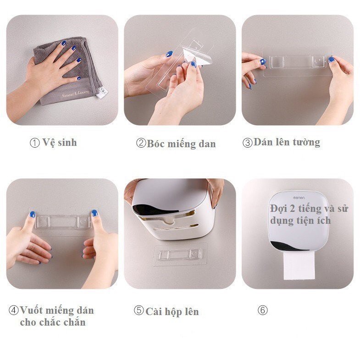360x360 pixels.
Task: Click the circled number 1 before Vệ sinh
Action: click(x=35, y=143)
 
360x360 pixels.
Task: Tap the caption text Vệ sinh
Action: click(x=60, y=143)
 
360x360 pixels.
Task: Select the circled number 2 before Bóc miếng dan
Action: click(x=141, y=144)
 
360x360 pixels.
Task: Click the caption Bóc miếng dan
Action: click(x=181, y=144)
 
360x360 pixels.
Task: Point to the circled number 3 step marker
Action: click(x=247, y=143)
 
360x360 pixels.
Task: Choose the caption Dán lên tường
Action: click(x=287, y=142)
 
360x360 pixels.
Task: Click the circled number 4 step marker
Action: click(x=14, y=310)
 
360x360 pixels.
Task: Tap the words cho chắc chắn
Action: click(x=53, y=322)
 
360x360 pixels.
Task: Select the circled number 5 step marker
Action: click(x=138, y=310)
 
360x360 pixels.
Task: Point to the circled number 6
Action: click(x=262, y=310)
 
